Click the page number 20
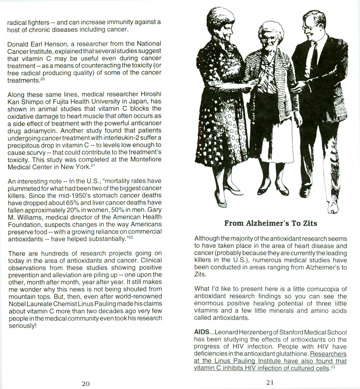pos(85,384)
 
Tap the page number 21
pos(270,383)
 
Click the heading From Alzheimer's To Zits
pos(271,224)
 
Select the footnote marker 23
pos(333,367)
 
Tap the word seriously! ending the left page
pos(22,325)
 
